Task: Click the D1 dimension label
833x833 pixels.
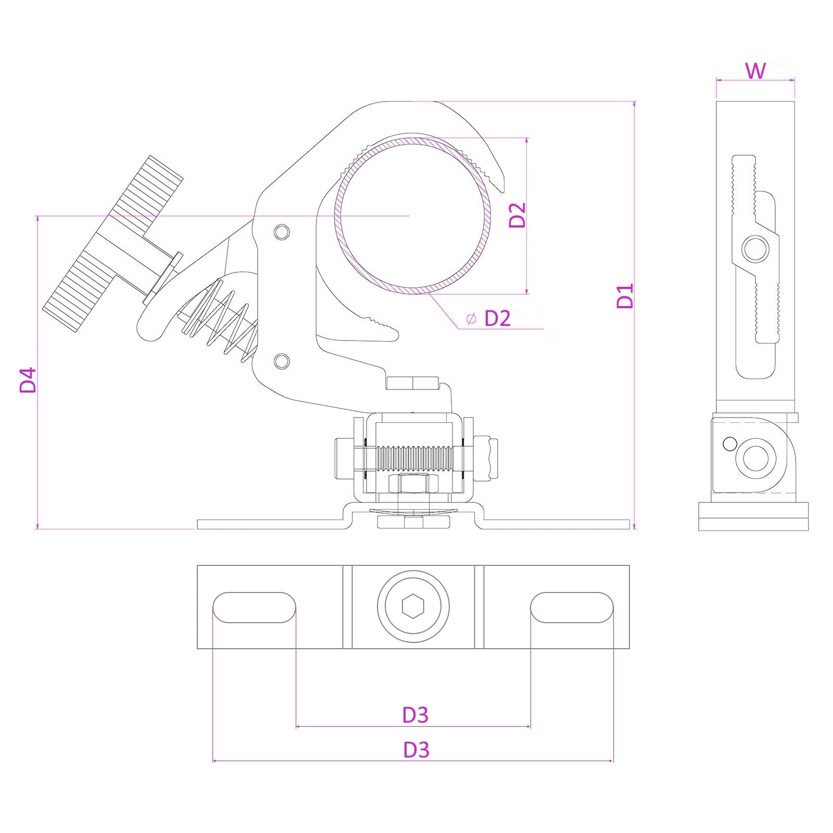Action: coord(625,296)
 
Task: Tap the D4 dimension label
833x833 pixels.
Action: coord(28,380)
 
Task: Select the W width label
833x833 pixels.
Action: coord(755,71)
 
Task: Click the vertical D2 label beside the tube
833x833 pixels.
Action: coord(518,215)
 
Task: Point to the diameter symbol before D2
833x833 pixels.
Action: coord(471,319)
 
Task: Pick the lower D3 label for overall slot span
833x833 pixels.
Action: coord(416,750)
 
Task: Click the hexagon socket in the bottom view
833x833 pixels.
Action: coord(413,607)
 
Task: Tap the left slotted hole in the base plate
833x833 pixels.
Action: coord(254,607)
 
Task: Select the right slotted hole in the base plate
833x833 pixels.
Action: coord(572,607)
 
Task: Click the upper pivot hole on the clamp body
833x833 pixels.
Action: coord(282,232)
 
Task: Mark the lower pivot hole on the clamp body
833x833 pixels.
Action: coord(282,360)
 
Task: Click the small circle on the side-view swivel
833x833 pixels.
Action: coord(730,444)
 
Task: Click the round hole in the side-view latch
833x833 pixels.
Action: coord(755,249)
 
